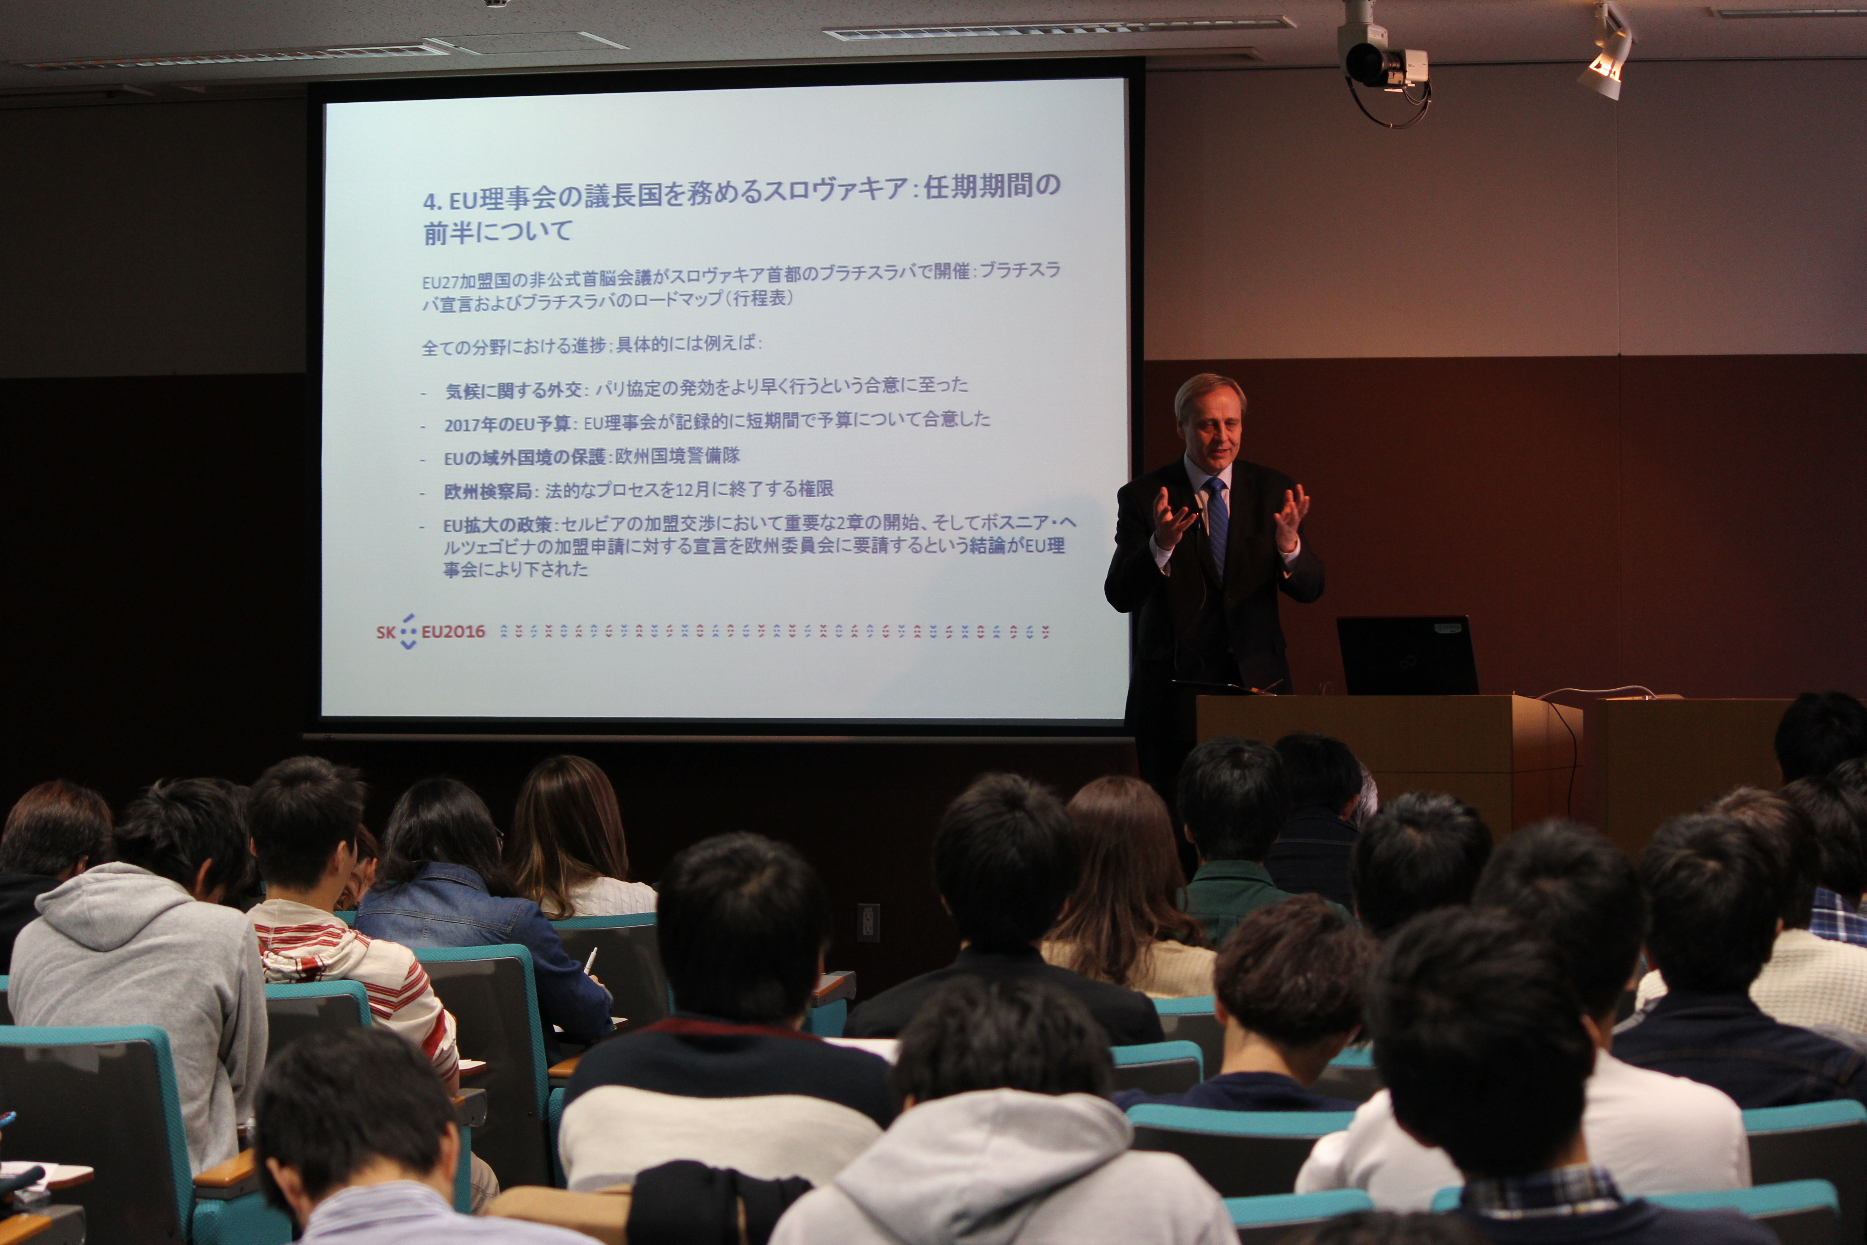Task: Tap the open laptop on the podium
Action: [x=1407, y=655]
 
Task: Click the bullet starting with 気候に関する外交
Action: [x=707, y=388]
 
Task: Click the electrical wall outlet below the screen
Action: [x=868, y=921]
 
